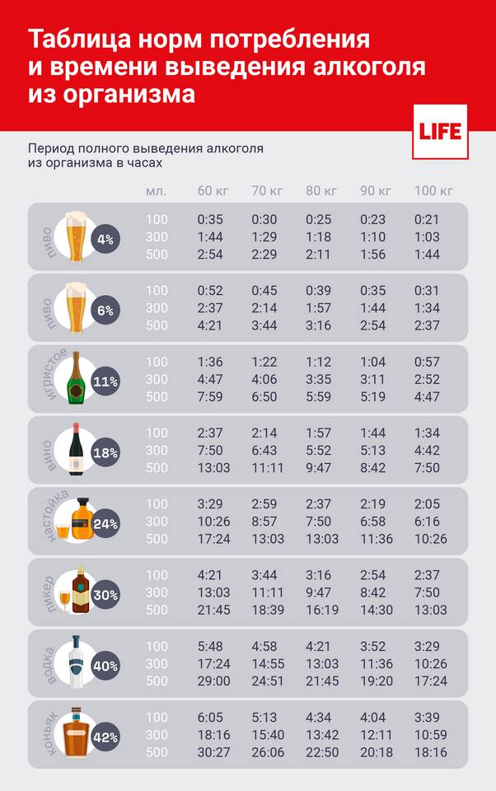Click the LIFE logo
(440, 132)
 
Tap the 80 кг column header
(321, 190)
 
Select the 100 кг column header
(433, 190)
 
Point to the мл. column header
(156, 190)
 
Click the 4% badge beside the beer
(105, 240)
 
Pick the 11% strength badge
(105, 381)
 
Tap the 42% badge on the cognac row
(105, 736)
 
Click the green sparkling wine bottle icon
(77, 378)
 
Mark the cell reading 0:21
(428, 220)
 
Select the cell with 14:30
(376, 610)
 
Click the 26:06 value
(267, 752)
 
